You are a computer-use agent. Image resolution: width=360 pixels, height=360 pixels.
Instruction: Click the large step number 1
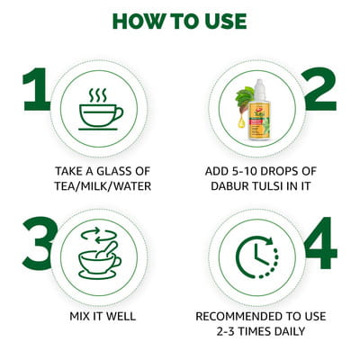(x=36, y=89)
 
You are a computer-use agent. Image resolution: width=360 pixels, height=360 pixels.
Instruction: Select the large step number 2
(x=320, y=89)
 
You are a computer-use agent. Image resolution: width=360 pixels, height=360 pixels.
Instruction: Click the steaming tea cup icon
(x=101, y=109)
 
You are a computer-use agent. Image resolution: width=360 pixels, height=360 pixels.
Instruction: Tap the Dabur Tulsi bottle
(x=258, y=110)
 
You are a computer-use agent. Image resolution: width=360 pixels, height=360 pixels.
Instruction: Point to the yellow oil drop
(x=241, y=122)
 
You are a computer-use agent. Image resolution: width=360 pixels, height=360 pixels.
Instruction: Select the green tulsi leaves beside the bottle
(x=245, y=99)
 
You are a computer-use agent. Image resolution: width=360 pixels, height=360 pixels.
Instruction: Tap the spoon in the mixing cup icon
(x=106, y=250)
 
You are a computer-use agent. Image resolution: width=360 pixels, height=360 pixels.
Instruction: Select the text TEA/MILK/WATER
(x=103, y=186)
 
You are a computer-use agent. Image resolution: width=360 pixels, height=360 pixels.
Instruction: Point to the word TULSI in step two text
(x=265, y=186)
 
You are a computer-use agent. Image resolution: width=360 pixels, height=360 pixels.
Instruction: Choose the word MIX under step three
(x=79, y=316)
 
